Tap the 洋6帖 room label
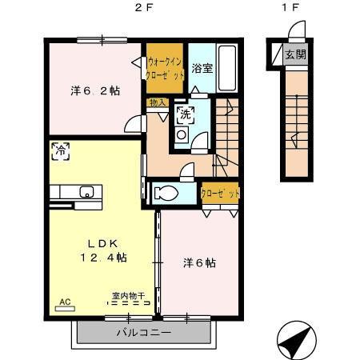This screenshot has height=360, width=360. (202, 262)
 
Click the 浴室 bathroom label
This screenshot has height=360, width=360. (202, 68)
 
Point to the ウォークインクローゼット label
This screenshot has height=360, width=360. (166, 67)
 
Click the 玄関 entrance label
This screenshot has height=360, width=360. (296, 55)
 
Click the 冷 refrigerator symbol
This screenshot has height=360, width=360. (59, 149)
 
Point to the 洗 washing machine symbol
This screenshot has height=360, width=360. (185, 113)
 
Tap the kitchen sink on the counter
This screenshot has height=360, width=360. (87, 191)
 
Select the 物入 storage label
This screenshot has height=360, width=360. (157, 102)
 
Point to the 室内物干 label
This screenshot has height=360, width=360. (128, 297)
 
